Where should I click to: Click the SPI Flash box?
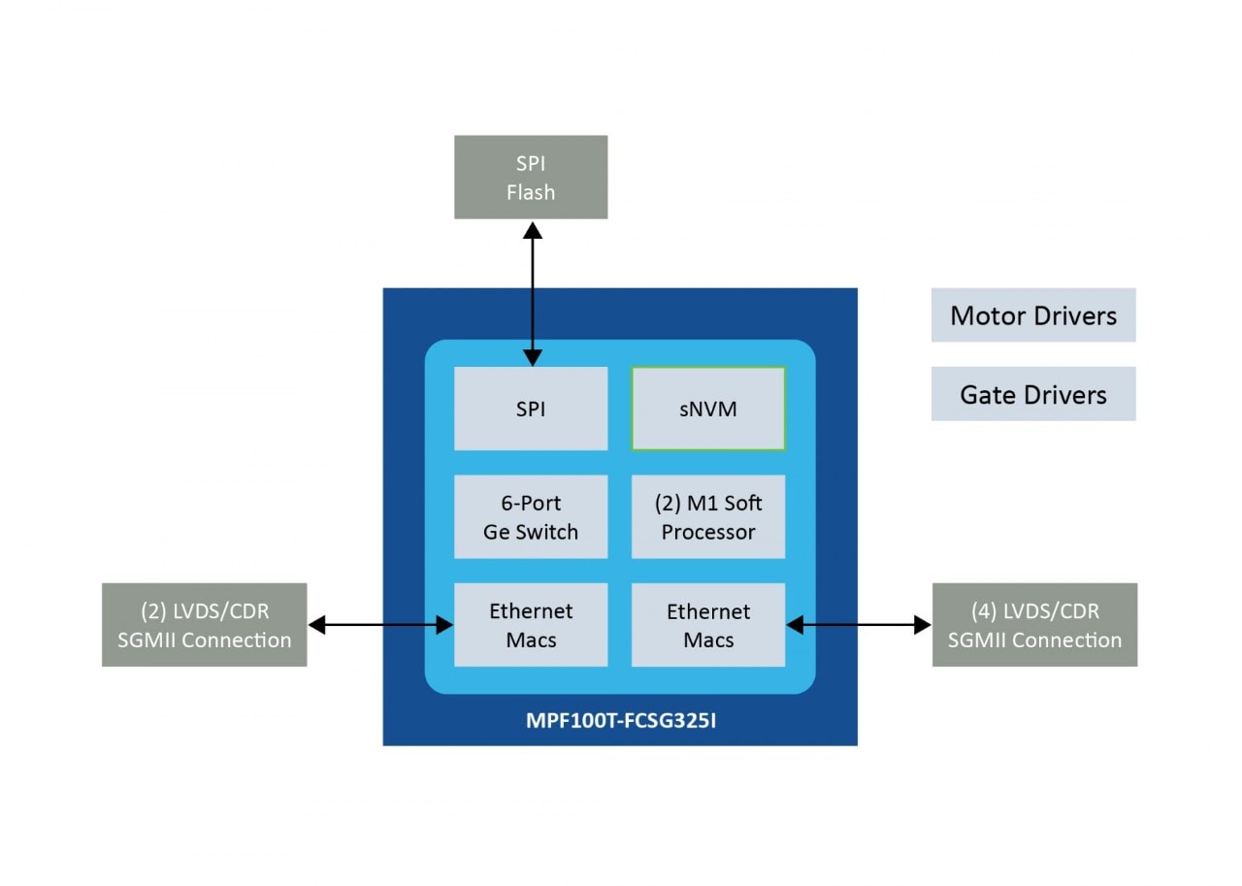click(531, 178)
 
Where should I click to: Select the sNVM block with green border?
click(708, 409)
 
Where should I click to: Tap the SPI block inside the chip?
click(531, 409)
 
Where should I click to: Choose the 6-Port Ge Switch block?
click(531, 517)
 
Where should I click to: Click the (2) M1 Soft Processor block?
click(708, 517)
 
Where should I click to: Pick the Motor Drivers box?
click(1033, 315)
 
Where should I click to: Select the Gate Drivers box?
click(1033, 394)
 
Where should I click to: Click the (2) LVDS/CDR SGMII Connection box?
click(205, 625)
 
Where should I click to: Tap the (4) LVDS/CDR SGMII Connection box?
click(1034, 625)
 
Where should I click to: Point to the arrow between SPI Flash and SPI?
click(532, 291)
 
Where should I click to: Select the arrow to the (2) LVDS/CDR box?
click(380, 626)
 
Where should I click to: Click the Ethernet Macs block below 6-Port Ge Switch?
click(531, 625)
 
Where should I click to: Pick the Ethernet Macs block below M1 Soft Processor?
click(708, 625)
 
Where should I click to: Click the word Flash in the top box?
click(531, 192)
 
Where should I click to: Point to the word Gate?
click(985, 394)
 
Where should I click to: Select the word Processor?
click(708, 532)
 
